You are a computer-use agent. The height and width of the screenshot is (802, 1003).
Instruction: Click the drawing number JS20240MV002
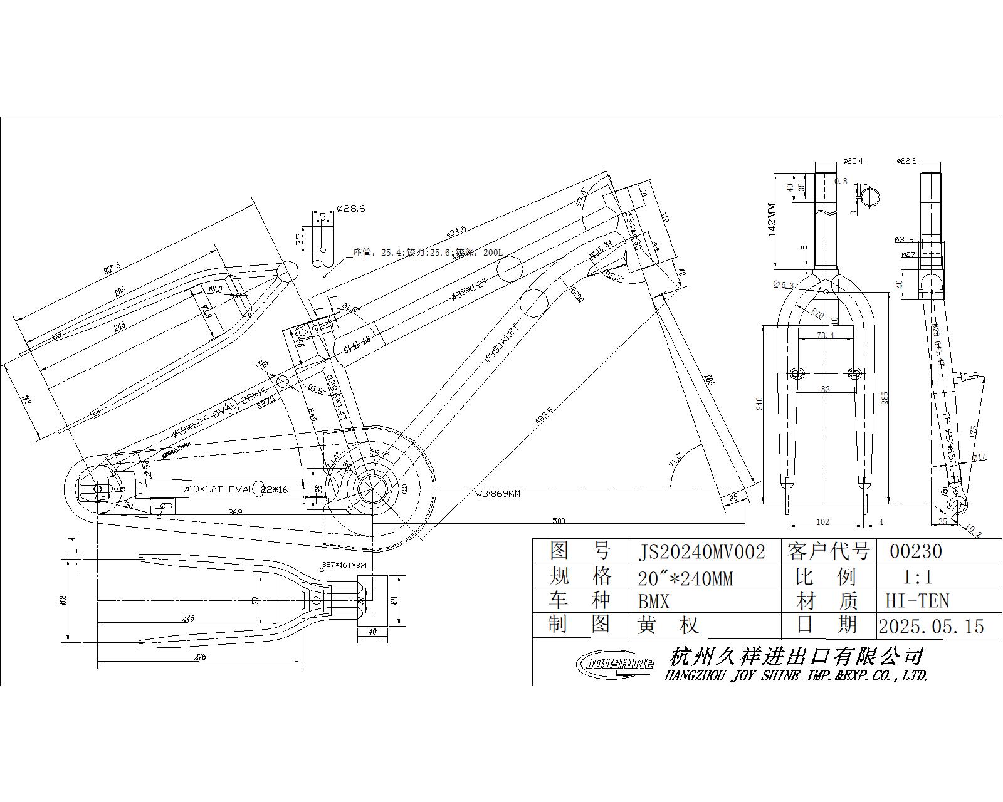[701, 552]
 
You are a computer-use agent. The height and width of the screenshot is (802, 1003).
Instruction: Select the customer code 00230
[916, 551]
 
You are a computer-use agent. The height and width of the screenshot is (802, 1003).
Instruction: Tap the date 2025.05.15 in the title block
[931, 627]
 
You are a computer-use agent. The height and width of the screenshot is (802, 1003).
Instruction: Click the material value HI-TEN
[917, 601]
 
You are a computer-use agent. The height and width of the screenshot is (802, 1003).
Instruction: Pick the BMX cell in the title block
[654, 602]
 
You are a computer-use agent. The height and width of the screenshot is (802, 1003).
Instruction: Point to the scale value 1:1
[917, 576]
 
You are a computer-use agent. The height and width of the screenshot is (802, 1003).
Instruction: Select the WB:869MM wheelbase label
[498, 494]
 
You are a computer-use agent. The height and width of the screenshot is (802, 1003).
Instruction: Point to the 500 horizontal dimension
[559, 520]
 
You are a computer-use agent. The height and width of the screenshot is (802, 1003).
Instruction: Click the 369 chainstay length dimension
[235, 512]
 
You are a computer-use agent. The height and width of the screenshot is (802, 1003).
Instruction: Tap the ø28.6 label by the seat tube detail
[350, 208]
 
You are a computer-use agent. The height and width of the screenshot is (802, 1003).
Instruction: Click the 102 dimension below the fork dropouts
[822, 521]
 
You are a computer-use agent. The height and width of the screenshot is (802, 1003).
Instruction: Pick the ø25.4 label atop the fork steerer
[853, 161]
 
